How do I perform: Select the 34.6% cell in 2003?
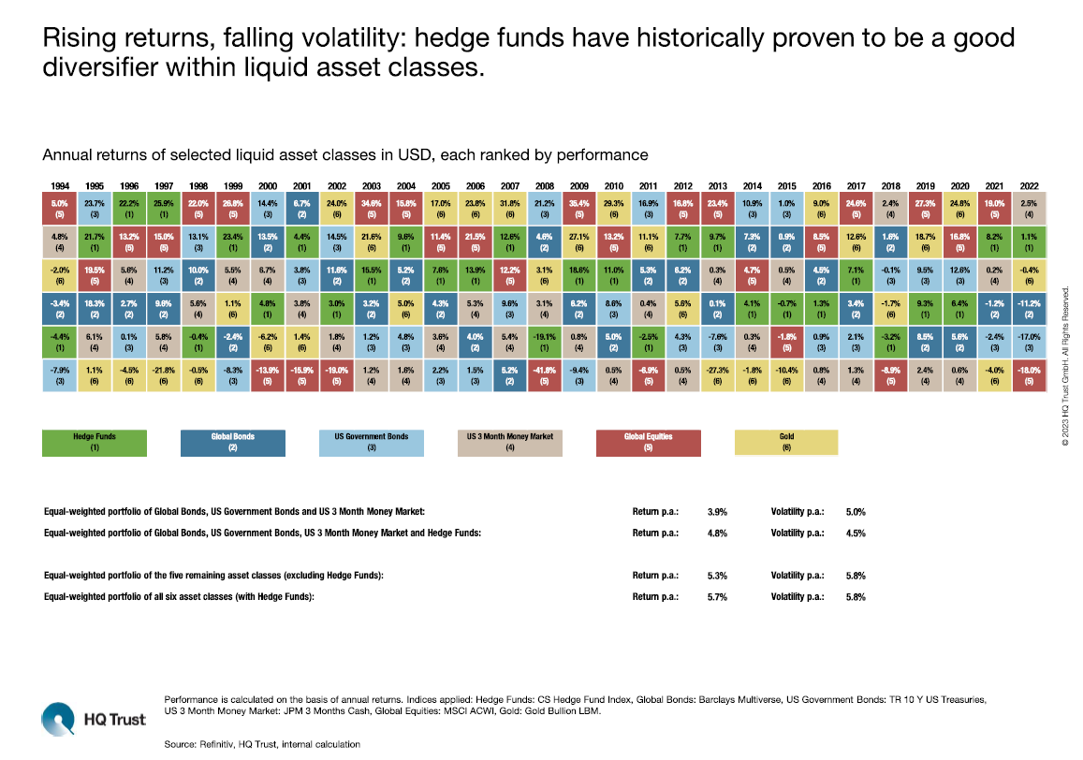(x=373, y=207)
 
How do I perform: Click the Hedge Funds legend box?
(x=95, y=443)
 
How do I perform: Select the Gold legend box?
(x=785, y=443)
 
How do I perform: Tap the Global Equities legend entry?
(x=648, y=443)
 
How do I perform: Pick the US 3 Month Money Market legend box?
(x=509, y=443)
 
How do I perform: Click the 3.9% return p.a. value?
(x=718, y=512)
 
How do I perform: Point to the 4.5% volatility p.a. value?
(x=855, y=533)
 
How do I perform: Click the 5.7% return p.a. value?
(x=718, y=596)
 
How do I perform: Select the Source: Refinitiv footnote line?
(x=261, y=743)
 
